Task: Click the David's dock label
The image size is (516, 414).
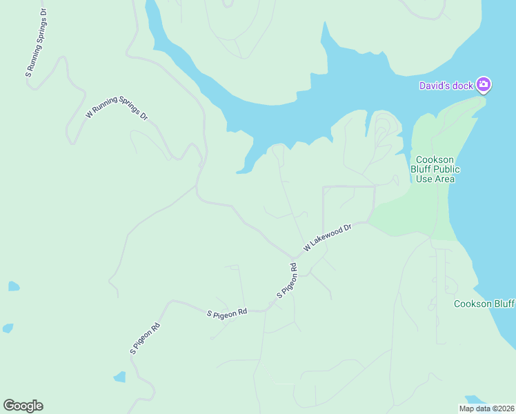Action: (x=446, y=86)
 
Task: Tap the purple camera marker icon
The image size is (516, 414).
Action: (x=484, y=85)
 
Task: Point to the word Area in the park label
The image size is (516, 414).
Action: (x=445, y=179)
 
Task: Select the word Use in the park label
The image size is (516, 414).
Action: (x=424, y=179)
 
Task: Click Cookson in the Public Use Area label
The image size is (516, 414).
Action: (x=435, y=159)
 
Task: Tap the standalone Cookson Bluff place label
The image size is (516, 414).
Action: (x=484, y=304)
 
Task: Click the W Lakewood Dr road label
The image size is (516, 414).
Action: (x=328, y=237)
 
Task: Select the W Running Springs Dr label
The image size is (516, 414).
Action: (x=117, y=104)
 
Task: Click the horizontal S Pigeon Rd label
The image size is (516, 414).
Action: (x=227, y=313)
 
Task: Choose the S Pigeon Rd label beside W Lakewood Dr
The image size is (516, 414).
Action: (x=288, y=281)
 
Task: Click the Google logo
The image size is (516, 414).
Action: (x=23, y=406)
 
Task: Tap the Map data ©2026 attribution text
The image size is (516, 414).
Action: (x=487, y=408)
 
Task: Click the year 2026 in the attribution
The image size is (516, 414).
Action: (x=506, y=408)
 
